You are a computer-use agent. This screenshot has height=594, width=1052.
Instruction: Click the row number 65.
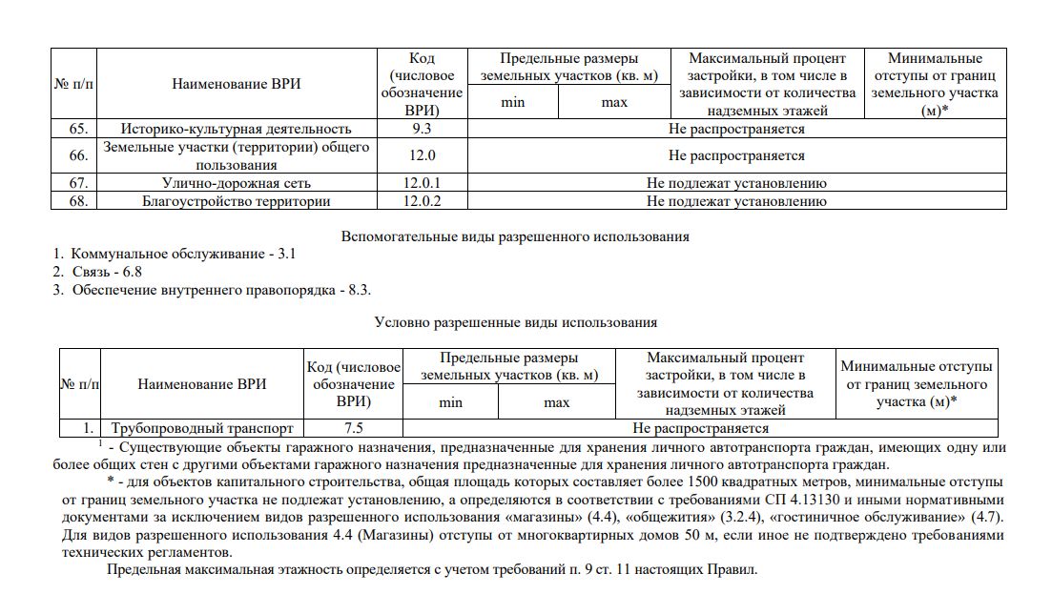79,129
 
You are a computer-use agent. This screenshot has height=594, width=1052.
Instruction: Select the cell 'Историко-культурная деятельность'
236,129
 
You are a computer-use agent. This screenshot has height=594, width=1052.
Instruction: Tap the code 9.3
421,129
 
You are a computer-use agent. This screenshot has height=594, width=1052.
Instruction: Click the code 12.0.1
421,182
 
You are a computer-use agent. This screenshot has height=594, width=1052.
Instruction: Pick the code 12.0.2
421,200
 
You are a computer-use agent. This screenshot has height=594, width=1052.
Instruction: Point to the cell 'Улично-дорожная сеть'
236,182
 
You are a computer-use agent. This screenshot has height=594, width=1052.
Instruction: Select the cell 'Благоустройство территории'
236,200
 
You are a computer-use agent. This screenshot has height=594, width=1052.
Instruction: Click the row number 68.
79,200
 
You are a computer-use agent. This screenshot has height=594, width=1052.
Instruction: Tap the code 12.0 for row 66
421,155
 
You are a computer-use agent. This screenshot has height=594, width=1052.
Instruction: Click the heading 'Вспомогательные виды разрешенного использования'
515,236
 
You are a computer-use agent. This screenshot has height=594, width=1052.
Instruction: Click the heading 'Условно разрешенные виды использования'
515,323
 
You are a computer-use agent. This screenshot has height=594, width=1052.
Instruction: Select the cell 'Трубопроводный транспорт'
202,428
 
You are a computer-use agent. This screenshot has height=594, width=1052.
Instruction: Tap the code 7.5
354,428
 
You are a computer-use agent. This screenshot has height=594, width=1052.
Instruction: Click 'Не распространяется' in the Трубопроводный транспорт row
699,428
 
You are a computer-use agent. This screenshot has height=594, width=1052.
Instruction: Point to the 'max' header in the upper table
614,102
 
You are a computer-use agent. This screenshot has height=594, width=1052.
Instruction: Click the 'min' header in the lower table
450,402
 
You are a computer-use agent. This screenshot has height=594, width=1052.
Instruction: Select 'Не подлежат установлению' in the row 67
735,182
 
